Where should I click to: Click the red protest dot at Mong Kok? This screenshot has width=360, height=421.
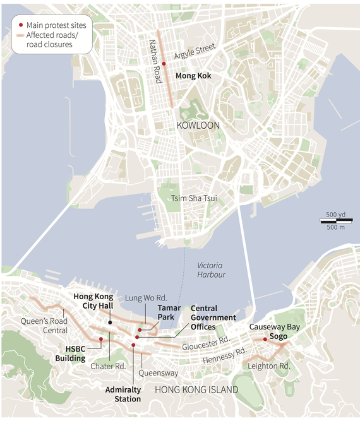[x=164, y=64]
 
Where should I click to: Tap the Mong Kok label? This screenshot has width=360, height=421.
[x=193, y=76]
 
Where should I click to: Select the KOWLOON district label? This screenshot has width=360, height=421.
[x=198, y=126]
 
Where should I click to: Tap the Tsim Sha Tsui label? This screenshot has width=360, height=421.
[x=194, y=199]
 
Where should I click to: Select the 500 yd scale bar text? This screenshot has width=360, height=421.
[x=335, y=215]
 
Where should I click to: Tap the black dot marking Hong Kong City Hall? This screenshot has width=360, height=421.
[x=110, y=323]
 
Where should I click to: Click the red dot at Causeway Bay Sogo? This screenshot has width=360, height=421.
[x=265, y=339]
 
